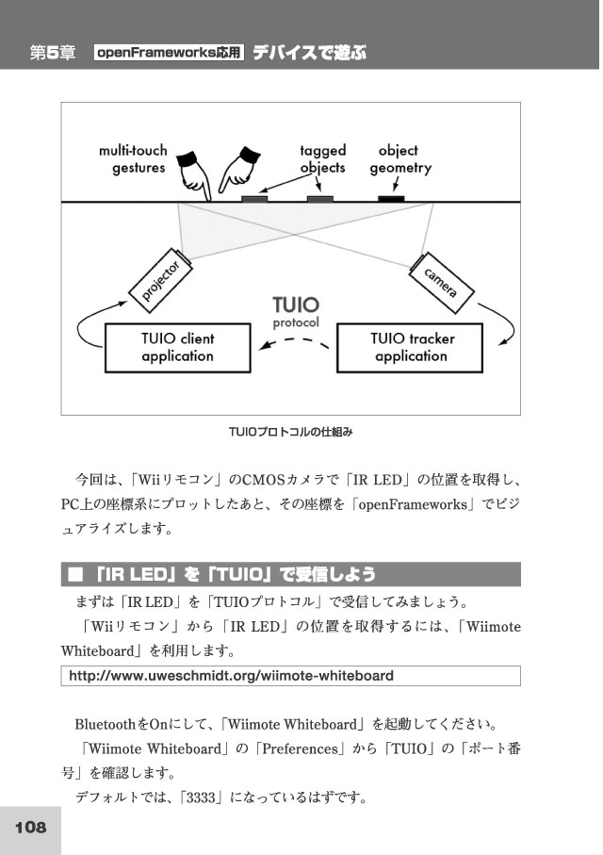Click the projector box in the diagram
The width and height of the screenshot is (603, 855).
pos(160,280)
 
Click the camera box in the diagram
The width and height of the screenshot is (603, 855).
pos(441,283)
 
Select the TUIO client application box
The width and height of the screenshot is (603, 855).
pos(178,348)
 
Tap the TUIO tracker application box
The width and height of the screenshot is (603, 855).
pos(410,348)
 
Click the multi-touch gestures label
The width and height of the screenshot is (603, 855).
pos(134,158)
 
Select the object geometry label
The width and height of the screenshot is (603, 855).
pos(400,158)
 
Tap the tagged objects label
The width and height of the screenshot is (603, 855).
pos(323,158)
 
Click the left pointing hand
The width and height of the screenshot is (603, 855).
pos(193,173)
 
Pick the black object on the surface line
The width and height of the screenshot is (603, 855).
pos(391,199)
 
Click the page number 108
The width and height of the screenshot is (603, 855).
pos(30,827)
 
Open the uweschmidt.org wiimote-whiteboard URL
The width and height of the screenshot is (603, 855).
pos(231,676)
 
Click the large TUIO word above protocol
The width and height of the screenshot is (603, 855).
pos(296,304)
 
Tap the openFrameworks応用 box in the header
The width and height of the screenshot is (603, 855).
pos(169,53)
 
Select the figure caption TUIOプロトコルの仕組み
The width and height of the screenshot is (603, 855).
pos(290,432)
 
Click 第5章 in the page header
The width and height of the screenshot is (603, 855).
pos(53,53)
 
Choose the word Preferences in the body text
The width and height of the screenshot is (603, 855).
pos(300,748)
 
